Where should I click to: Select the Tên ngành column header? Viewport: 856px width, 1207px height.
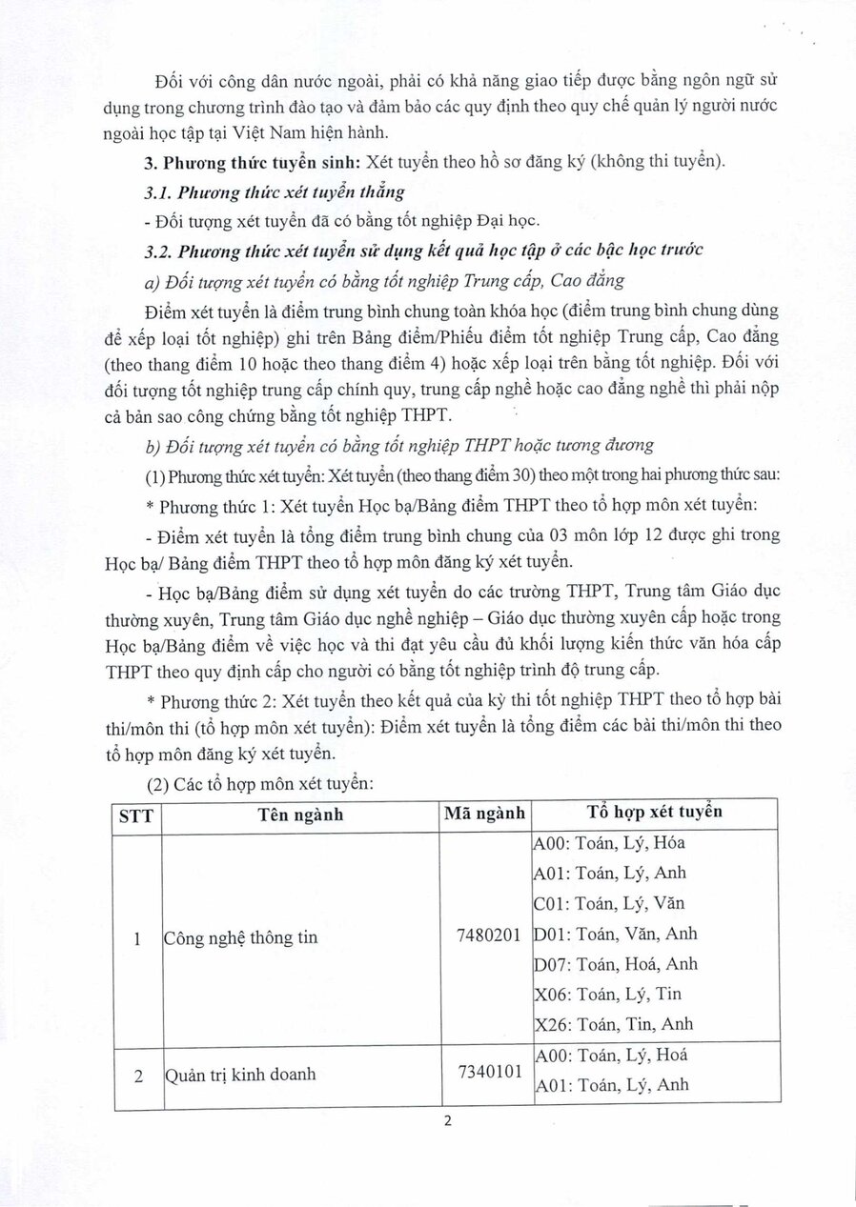tap(300, 815)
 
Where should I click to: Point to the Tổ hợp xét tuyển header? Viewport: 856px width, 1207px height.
tap(654, 813)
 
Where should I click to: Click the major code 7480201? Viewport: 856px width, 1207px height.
tap(489, 935)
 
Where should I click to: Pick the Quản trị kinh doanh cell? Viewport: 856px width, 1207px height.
tap(239, 1076)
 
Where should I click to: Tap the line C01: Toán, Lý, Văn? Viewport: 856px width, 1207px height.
tap(610, 903)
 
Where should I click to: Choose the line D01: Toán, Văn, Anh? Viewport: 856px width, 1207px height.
tap(616, 934)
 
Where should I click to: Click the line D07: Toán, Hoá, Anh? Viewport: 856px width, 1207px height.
tap(616, 964)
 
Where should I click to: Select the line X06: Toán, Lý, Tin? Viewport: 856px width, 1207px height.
tap(608, 995)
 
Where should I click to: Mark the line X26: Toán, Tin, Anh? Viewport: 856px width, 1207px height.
tap(614, 1025)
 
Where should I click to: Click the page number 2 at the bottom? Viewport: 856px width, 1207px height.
tap(446, 1121)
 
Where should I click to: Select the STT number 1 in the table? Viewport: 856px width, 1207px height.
tap(137, 938)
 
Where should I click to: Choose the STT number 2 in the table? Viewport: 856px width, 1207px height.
tap(137, 1076)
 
